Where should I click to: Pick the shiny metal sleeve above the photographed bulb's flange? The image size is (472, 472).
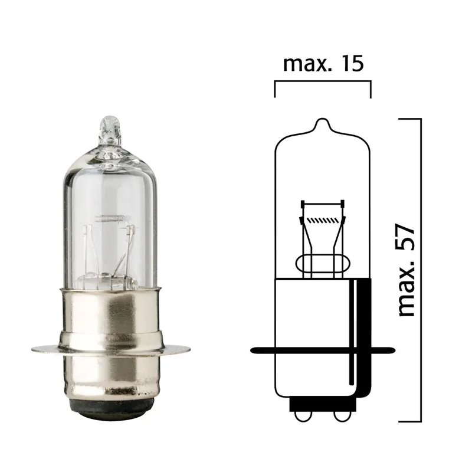click(x=110, y=313)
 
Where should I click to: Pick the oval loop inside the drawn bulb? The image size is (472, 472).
click(x=322, y=262)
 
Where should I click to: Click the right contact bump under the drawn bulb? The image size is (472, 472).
click(x=341, y=415)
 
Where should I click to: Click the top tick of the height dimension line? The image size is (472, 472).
click(x=410, y=119)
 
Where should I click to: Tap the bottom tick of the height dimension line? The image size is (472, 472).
click(x=410, y=421)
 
